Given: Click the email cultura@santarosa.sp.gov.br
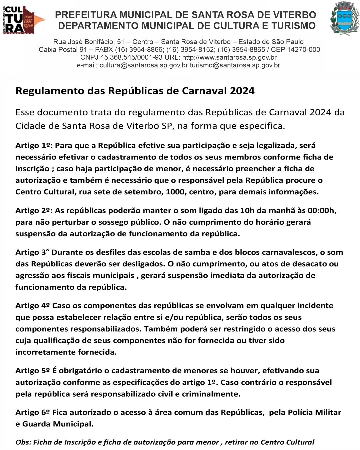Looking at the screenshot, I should point(144,65).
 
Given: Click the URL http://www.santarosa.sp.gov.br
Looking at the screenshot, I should point(229,57).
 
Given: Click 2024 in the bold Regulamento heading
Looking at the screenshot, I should point(242,91).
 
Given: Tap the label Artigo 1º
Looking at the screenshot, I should point(33,146).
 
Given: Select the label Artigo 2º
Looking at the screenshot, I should point(33,211).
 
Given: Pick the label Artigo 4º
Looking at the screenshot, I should point(32,306).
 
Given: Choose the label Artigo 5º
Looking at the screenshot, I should point(32,371).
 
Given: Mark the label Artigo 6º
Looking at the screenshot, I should point(32,412).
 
